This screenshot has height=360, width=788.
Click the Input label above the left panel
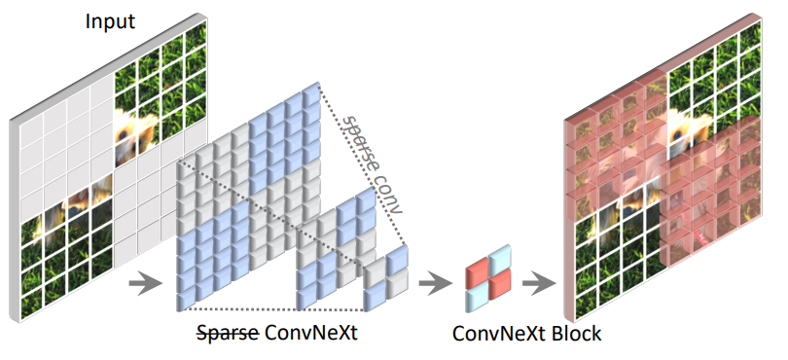tap(111, 21)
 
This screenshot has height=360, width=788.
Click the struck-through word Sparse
tap(226, 333)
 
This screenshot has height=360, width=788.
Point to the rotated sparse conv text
tap(373, 161)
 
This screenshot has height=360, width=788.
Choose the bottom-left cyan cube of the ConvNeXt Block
tap(478, 296)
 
